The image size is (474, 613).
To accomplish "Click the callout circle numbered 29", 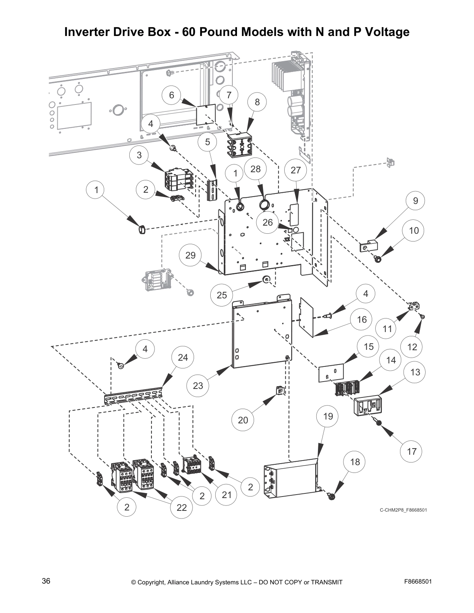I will click(191, 255).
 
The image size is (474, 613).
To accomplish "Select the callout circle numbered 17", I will click(411, 451).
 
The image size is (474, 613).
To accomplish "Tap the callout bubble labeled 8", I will click(257, 102).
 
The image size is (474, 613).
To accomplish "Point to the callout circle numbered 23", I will click(198, 385).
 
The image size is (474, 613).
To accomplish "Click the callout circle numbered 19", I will click(328, 416).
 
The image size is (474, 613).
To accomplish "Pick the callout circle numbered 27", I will click(295, 170).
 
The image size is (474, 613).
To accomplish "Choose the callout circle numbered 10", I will click(414, 231).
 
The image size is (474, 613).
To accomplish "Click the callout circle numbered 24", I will click(183, 357).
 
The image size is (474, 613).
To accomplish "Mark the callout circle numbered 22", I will click(182, 507).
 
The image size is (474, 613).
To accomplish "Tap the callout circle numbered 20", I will click(243, 420).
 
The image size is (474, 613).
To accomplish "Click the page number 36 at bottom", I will click(46, 581).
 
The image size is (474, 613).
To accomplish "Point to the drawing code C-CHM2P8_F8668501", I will click(403, 510).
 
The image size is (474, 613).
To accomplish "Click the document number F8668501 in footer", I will click(418, 582).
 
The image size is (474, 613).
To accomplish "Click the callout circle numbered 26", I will click(268, 222).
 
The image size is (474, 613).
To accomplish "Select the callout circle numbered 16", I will click(362, 320).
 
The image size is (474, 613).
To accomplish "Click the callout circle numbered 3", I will click(139, 155).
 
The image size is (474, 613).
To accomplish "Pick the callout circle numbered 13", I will click(415, 372).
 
